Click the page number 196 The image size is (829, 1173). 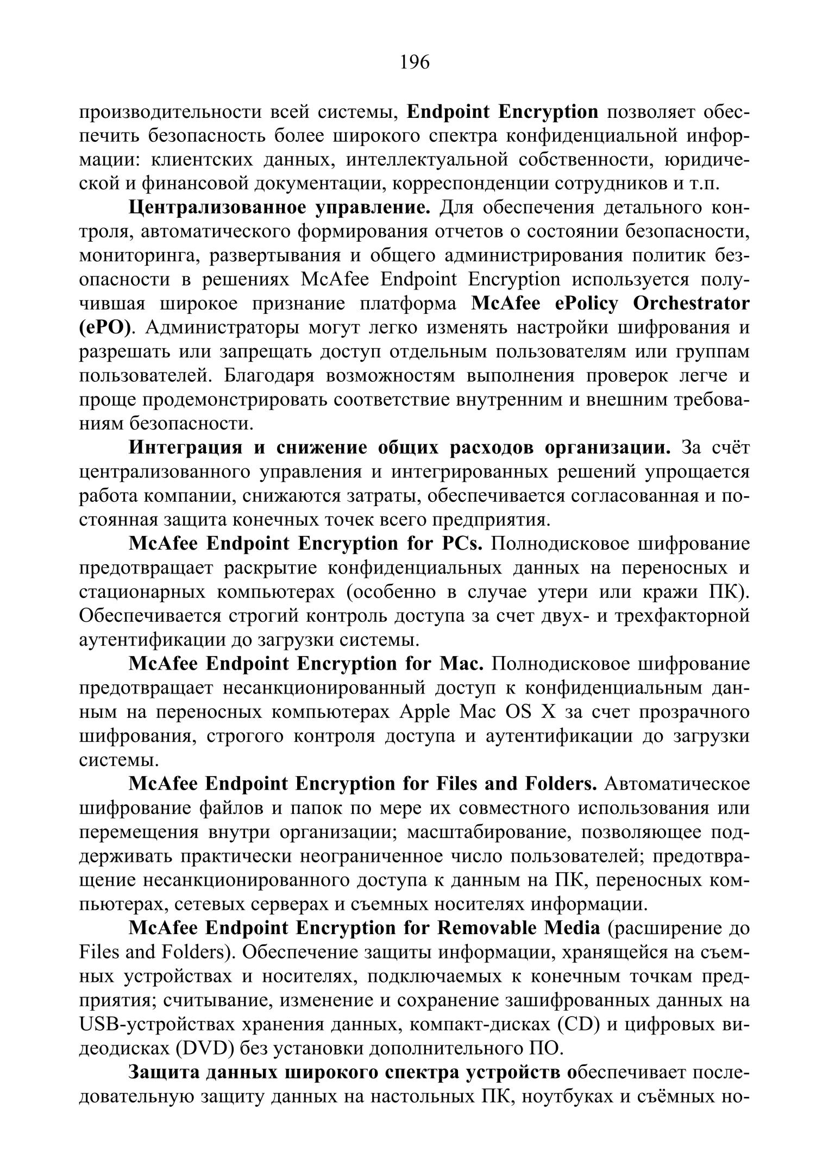click(x=414, y=63)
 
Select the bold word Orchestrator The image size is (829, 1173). click(x=691, y=304)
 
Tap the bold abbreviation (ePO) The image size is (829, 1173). click(x=106, y=327)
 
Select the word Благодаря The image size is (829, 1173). click(x=267, y=376)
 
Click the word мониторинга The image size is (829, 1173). click(x=138, y=255)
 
